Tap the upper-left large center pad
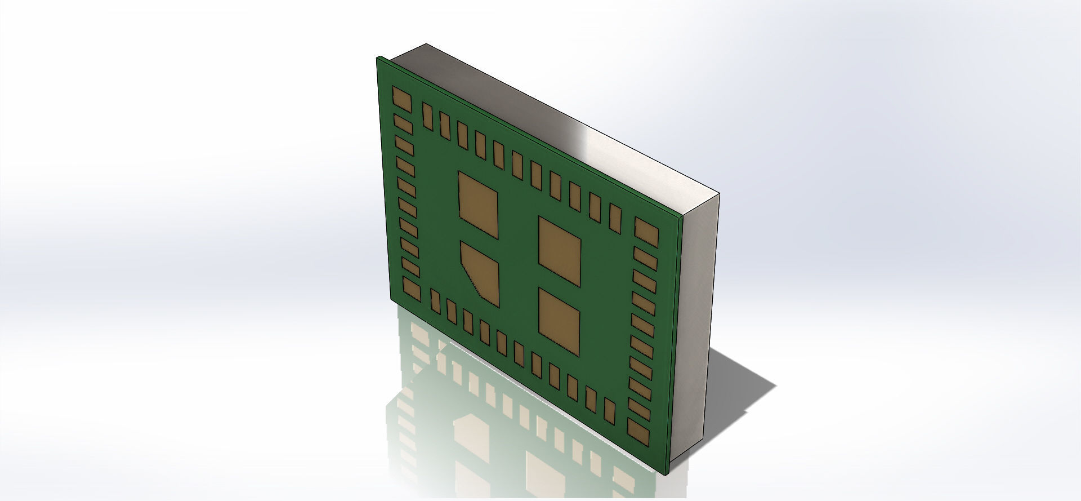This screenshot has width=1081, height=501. pyautogui.click(x=479, y=204)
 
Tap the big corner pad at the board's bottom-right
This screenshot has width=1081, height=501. pyautogui.click(x=638, y=429)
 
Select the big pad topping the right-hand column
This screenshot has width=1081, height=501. pyautogui.click(x=646, y=232)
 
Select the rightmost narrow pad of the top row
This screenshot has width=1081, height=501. pyautogui.click(x=615, y=219)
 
